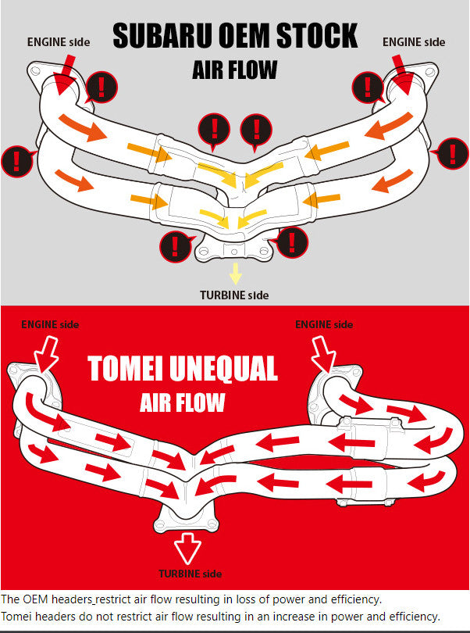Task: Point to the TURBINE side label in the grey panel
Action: point(234,295)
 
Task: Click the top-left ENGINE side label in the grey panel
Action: point(59,41)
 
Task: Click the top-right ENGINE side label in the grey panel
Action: point(414,41)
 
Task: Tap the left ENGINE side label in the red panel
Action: point(50,324)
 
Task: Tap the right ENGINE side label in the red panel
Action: point(324,324)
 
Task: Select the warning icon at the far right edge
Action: point(452,152)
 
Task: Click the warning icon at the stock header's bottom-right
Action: point(292,241)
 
